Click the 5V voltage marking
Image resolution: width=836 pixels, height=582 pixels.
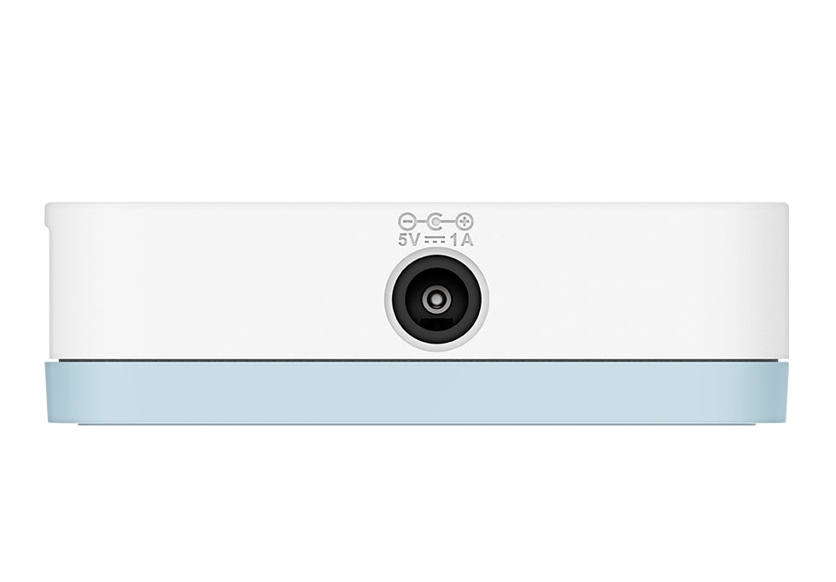click(x=410, y=241)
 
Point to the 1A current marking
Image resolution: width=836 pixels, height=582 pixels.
click(x=462, y=241)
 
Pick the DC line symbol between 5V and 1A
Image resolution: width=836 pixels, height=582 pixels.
click(x=436, y=241)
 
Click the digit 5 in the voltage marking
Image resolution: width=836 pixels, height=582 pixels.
click(x=403, y=241)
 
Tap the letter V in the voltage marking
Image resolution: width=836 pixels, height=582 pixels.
click(x=415, y=241)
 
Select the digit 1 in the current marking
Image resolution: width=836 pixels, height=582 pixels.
click(x=456, y=241)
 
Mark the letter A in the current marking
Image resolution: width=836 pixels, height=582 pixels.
click(x=467, y=241)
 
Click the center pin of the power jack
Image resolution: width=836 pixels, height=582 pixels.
click(x=436, y=298)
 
